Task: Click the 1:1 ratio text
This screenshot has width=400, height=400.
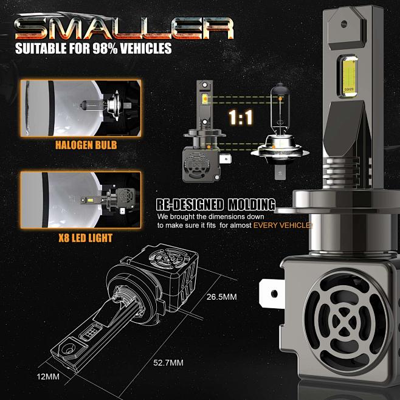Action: coord(240,117)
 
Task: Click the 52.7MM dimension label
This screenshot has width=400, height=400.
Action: coord(168,363)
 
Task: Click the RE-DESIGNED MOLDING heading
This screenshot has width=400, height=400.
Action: coord(216,204)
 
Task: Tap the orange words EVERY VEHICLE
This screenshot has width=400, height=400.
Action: coord(282,225)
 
